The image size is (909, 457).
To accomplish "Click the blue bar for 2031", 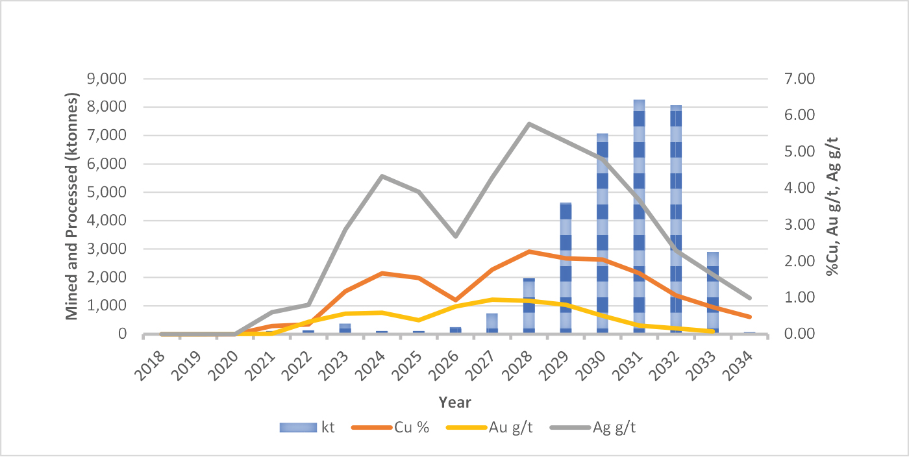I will (x=640, y=217).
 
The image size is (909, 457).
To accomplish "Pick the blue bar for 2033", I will (x=713, y=293).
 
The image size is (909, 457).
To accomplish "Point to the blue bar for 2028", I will (x=529, y=306).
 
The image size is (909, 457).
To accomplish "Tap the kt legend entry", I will (x=306, y=427).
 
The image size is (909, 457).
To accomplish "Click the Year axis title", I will (x=454, y=402).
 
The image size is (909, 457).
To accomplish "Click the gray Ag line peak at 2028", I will (x=529, y=123).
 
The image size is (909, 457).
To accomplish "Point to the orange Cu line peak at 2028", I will (x=529, y=251).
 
